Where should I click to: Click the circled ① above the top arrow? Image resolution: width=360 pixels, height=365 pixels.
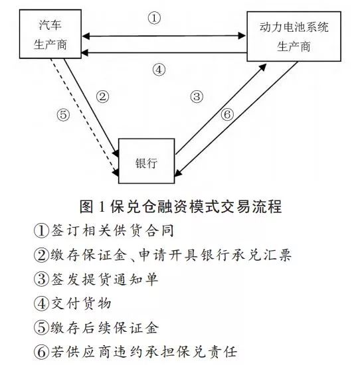click(154, 18)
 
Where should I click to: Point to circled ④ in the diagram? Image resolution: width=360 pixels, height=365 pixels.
click(159, 70)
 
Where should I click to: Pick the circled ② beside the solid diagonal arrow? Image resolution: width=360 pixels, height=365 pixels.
click(102, 96)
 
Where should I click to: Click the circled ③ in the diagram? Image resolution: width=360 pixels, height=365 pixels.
click(197, 96)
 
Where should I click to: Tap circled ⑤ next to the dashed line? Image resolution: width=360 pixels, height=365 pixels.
click(63, 115)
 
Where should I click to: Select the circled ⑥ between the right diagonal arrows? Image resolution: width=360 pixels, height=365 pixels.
click(227, 114)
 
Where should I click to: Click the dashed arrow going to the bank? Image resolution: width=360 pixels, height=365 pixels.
click(84, 117)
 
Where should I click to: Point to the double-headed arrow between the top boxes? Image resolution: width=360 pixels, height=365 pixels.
click(163, 36)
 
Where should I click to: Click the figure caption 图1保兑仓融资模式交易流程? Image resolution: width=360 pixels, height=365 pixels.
click(181, 206)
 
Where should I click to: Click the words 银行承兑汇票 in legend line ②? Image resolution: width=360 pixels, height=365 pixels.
click(246, 255)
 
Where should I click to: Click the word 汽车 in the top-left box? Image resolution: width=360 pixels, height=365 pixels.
click(50, 25)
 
